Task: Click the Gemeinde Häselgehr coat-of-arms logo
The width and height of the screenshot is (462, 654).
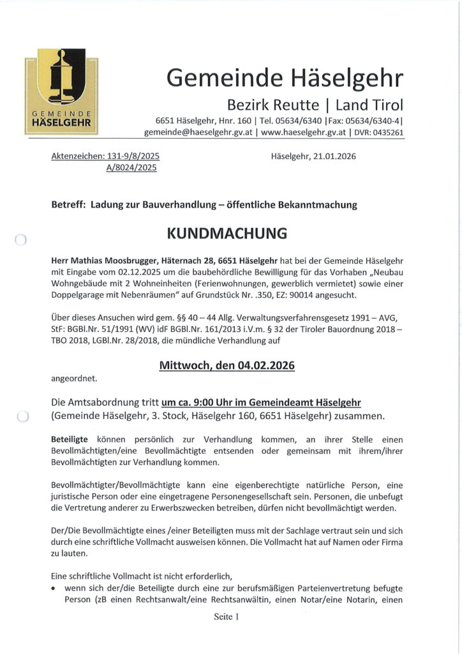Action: [61, 91]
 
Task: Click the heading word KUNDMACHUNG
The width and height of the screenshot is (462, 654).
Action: [227, 233]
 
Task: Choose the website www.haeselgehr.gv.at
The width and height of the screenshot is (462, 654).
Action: [303, 133]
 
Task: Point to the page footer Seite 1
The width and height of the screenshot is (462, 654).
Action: [226, 617]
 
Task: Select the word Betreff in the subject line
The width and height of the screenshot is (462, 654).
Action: [67, 205]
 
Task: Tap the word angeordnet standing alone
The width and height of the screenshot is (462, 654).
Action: [74, 378]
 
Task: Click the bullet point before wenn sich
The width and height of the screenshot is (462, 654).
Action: [55, 588]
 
